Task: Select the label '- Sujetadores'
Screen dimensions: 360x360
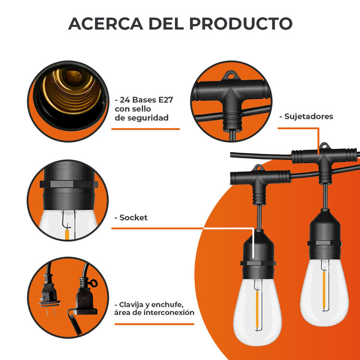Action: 309,117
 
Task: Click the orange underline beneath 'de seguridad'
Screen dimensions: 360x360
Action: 145,129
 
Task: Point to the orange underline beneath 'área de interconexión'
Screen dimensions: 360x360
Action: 153,324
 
